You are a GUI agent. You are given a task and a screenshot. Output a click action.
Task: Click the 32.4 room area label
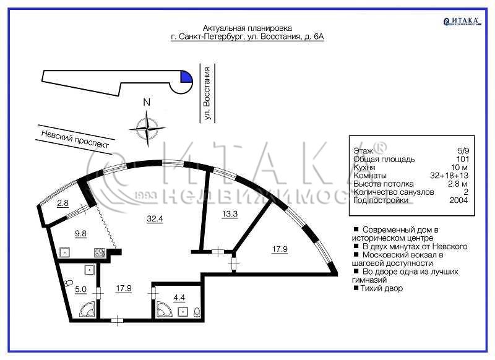tap(155, 218)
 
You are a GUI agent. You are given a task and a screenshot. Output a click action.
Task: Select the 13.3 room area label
tap(230, 214)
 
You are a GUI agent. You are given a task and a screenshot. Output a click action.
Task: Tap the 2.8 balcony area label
tap(62, 203)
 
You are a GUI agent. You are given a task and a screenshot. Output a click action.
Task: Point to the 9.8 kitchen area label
tap(80, 234)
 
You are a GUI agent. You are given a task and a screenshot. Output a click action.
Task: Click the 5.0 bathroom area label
tap(80, 289)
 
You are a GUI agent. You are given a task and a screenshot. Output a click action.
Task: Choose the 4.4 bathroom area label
tap(179, 298)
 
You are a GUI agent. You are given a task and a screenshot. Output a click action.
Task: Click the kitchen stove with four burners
tap(99, 253)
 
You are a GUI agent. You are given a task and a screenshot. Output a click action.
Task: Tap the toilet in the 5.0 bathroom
tap(68, 283)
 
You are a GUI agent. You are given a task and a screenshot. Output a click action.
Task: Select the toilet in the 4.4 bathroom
tap(197, 312)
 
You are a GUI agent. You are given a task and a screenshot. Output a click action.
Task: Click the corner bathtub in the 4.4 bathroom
tap(163, 309)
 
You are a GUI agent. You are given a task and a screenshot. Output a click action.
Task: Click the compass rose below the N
tap(147, 128)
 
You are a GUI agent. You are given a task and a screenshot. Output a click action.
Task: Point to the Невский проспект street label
tap(75, 139)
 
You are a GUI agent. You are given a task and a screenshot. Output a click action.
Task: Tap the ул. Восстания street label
tap(207, 93)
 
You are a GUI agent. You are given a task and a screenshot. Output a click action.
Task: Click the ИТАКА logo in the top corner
tap(462, 21)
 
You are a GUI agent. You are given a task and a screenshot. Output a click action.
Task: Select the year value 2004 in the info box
tap(458, 200)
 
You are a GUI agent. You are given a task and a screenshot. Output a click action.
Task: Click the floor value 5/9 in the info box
tap(463, 151)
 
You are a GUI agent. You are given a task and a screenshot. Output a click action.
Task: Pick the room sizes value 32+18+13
tap(449, 176)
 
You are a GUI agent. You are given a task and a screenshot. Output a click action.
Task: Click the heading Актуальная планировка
tap(247, 28)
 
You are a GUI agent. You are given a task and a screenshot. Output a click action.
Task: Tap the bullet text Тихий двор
tap(382, 288)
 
